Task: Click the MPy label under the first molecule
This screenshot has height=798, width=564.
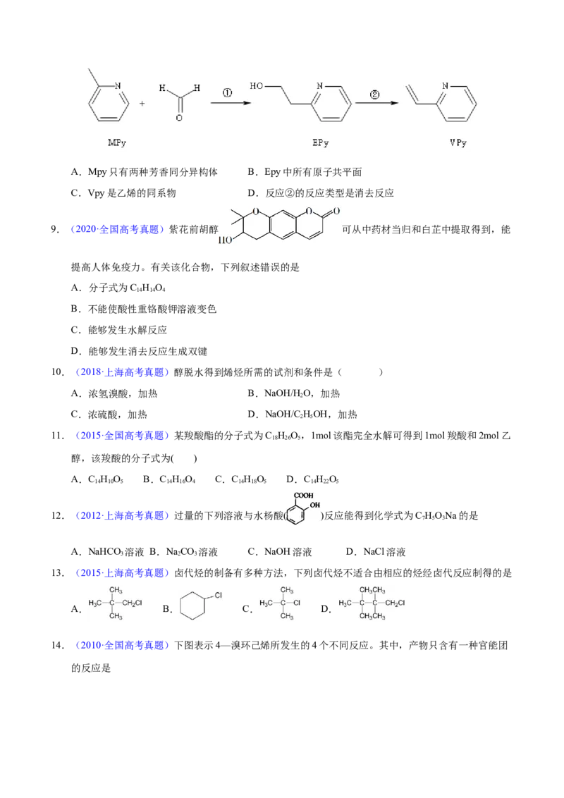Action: (116, 143)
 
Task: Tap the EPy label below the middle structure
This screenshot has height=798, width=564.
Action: (321, 143)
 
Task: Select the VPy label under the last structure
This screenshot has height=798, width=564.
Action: (458, 143)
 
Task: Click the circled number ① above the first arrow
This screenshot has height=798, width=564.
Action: (227, 93)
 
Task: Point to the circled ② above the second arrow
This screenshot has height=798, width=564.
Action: (374, 94)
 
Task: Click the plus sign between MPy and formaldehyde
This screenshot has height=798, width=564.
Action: (142, 104)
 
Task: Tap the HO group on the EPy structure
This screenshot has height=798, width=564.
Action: (256, 86)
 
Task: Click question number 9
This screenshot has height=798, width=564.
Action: (56, 230)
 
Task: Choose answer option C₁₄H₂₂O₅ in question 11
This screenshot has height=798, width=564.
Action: (321, 479)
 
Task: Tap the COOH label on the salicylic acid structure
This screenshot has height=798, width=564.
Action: (304, 495)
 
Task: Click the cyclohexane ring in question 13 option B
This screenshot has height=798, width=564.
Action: (192, 606)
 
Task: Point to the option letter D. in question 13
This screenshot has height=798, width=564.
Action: (326, 608)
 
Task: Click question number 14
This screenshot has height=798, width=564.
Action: (58, 645)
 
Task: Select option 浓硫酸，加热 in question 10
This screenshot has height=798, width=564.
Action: (118, 415)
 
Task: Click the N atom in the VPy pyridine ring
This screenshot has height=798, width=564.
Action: (446, 86)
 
